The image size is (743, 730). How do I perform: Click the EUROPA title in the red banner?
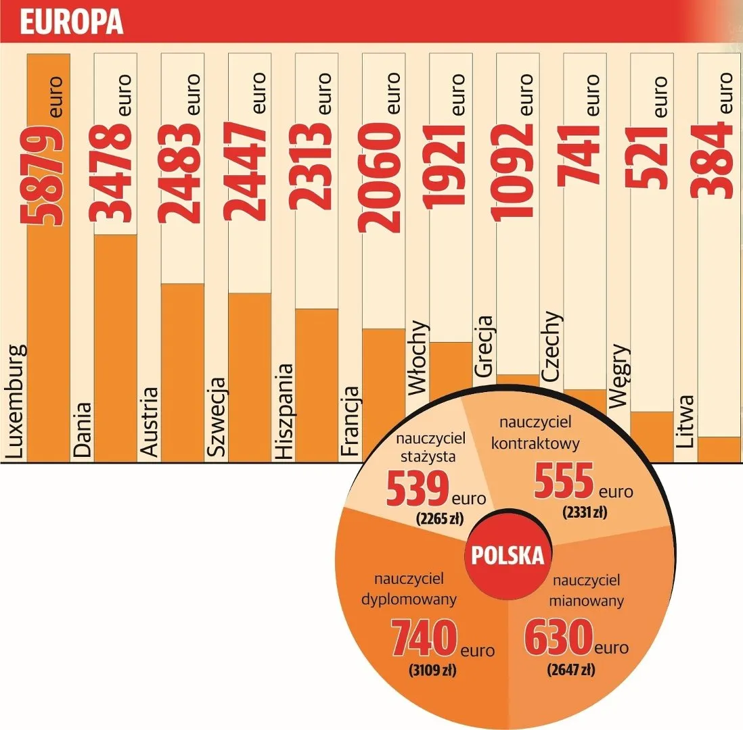(x=72, y=22)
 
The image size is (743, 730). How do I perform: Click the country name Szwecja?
(x=217, y=420)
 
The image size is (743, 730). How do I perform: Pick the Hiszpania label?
(x=284, y=412)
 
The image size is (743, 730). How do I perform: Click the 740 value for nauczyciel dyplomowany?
(x=423, y=641)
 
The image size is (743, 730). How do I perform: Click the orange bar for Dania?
(x=115, y=348)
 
